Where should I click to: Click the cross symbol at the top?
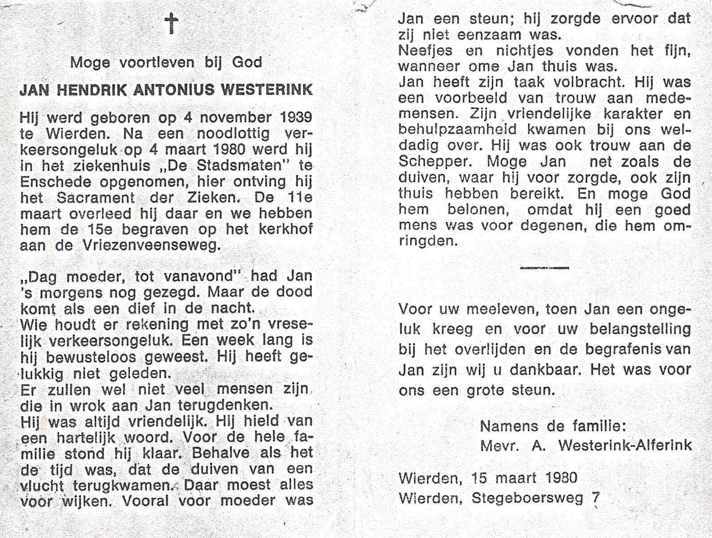point(171,23)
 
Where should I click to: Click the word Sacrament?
point(96,198)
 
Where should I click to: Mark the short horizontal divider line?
point(544,268)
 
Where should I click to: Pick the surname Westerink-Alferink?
point(625,445)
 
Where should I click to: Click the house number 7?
point(596,497)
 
